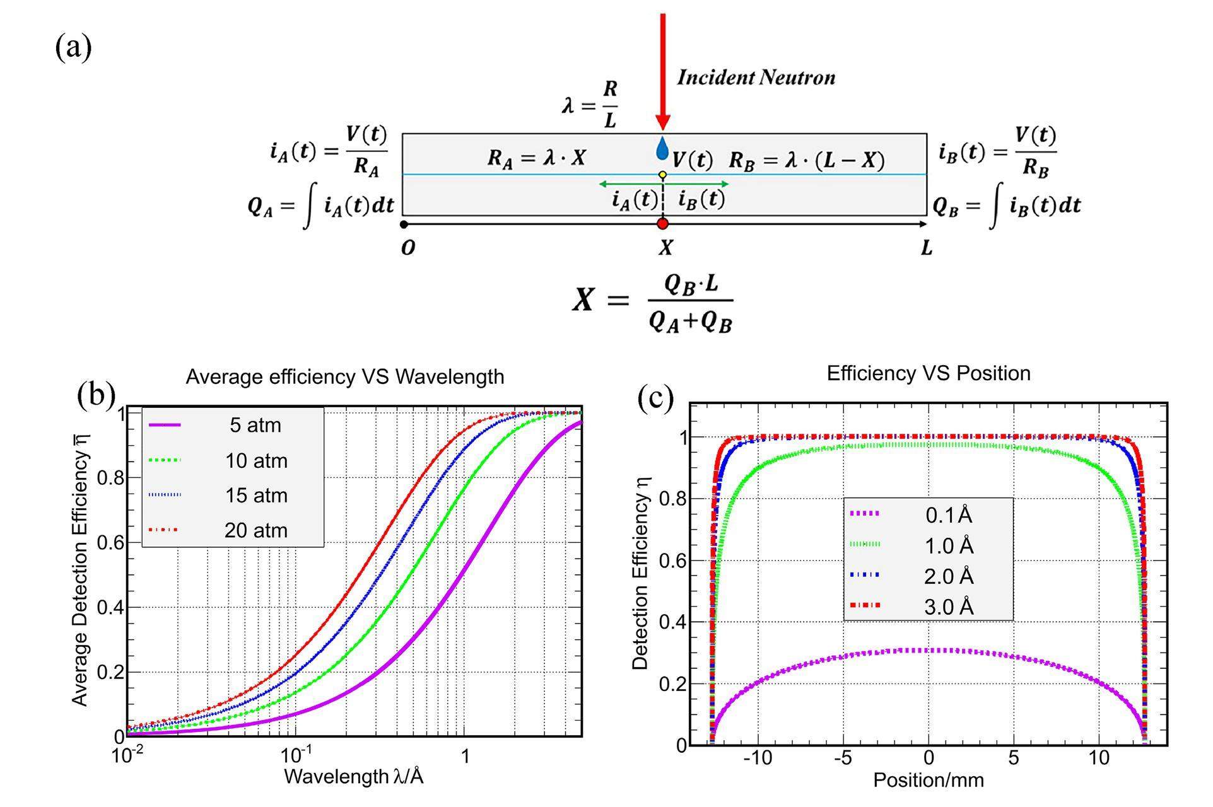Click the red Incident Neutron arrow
coord(662,69)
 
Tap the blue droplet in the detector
coord(662,149)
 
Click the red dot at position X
coord(662,224)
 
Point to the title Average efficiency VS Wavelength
coord(344,377)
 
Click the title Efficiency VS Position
coord(929,373)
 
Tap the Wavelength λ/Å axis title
coord(353,777)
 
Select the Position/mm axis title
coord(928,781)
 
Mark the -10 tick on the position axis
coord(757,758)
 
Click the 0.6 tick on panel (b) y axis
coord(110,543)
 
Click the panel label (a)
coord(73,48)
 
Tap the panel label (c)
coord(655,398)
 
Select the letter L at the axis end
coord(926,248)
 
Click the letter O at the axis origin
coord(408,248)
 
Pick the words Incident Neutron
coord(756,78)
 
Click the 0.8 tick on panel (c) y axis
coord(672,499)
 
